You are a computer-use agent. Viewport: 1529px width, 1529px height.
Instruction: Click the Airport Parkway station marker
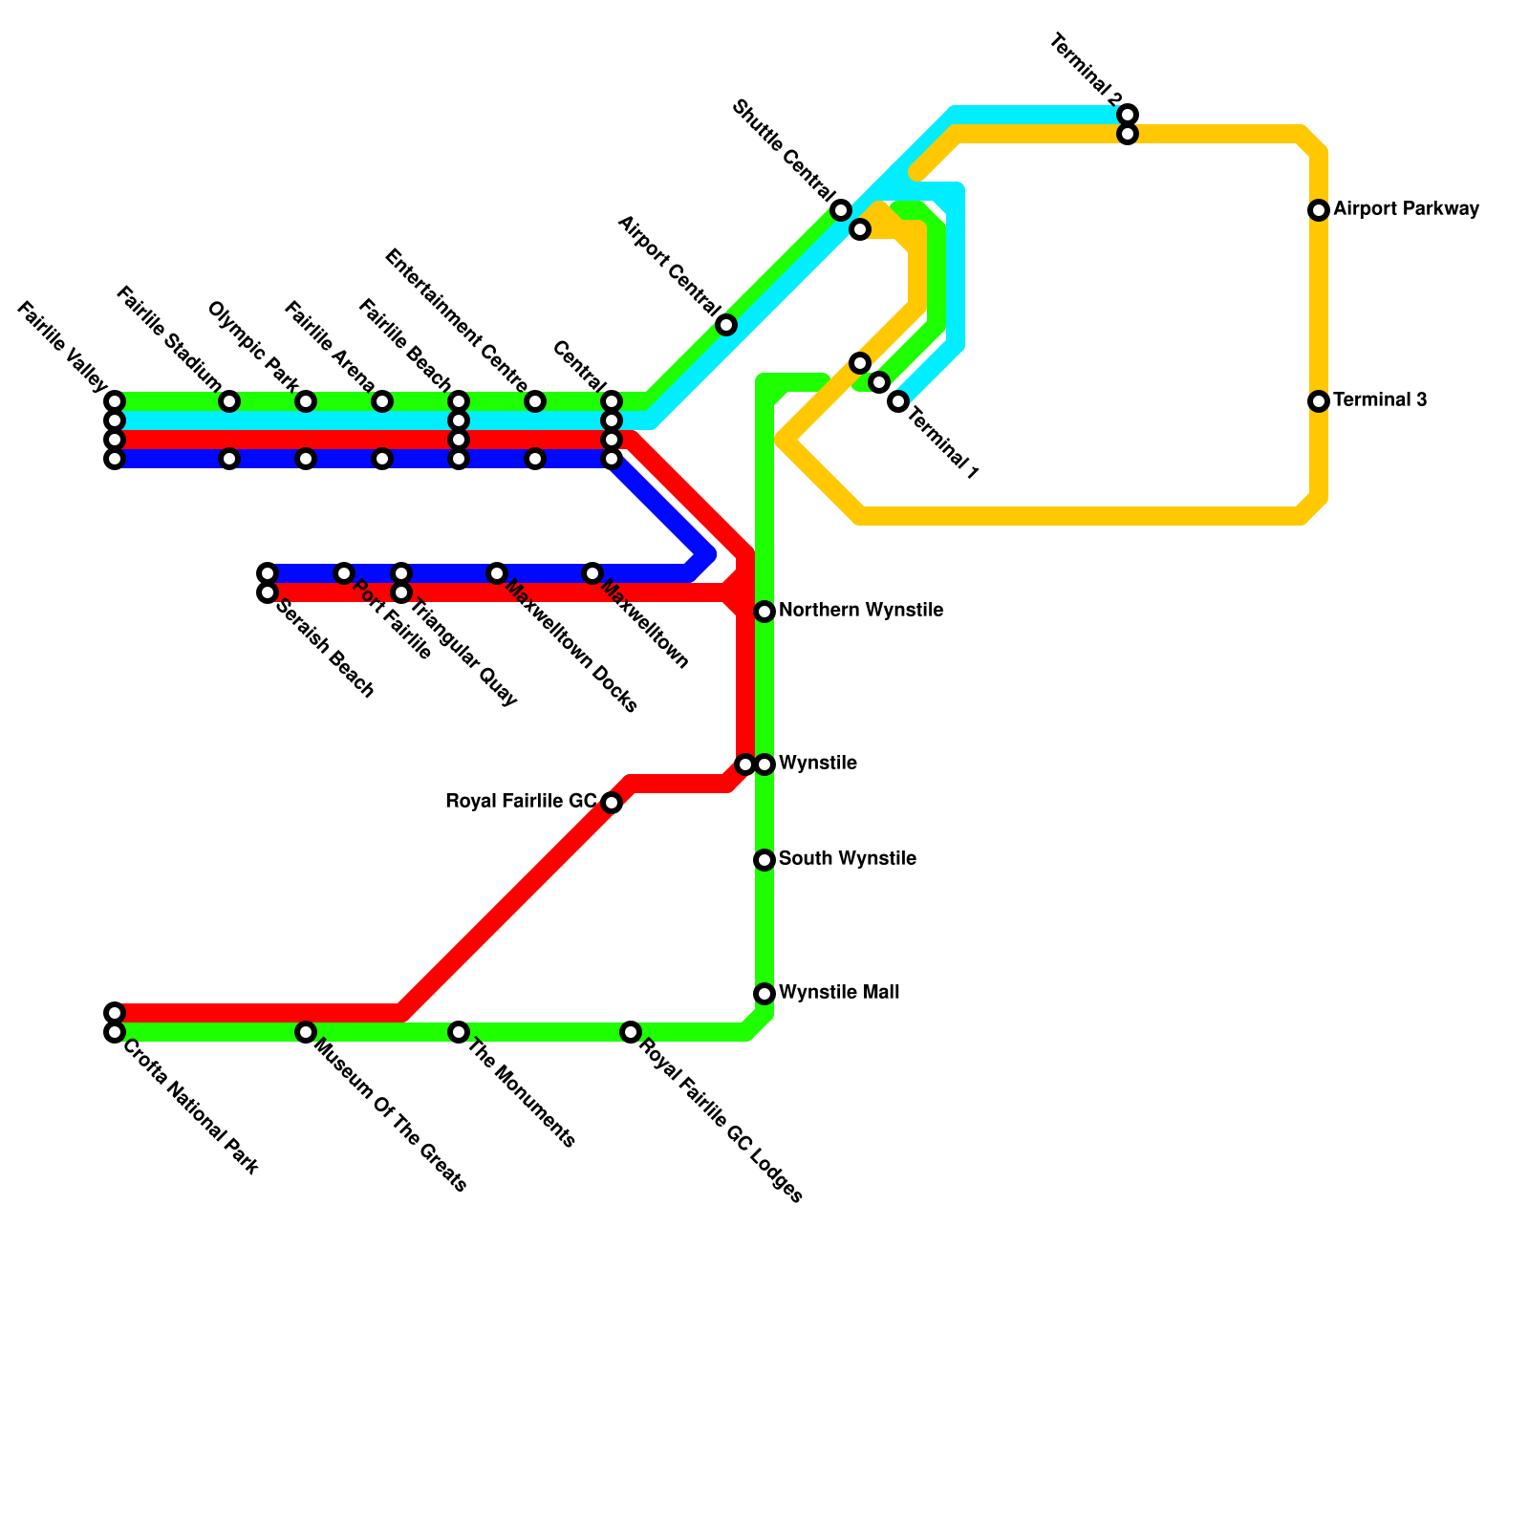[x=1319, y=210]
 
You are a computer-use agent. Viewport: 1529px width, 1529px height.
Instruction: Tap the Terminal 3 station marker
[x=1319, y=401]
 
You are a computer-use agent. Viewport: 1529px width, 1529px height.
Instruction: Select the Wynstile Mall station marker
[x=764, y=994]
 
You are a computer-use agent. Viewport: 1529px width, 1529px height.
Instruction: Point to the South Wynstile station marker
[x=764, y=860]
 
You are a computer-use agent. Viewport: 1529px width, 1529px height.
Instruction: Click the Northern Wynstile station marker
[x=764, y=612]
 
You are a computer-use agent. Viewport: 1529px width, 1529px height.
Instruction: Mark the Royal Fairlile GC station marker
[x=612, y=803]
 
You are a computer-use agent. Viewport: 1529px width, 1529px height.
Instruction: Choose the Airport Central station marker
[x=726, y=325]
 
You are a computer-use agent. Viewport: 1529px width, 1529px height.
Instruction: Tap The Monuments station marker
[x=459, y=1032]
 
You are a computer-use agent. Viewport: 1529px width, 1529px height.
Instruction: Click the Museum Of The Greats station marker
[x=306, y=1032]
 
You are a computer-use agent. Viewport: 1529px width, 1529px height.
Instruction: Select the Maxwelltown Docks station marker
[x=497, y=573]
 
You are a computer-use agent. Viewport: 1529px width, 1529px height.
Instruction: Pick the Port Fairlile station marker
[x=344, y=573]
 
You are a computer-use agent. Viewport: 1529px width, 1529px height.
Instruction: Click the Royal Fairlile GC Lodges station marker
[x=631, y=1032]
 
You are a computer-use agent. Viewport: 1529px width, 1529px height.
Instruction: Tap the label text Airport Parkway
[x=1406, y=208]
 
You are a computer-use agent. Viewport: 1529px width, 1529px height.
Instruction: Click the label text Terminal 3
[x=1380, y=399]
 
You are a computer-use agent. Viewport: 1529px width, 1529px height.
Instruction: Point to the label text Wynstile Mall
[x=838, y=993]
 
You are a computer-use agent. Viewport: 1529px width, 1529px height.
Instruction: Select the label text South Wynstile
[x=847, y=859]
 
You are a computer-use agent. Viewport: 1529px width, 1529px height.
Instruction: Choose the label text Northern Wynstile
[x=861, y=611]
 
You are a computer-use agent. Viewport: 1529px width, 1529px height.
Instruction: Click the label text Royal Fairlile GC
[x=521, y=802]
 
